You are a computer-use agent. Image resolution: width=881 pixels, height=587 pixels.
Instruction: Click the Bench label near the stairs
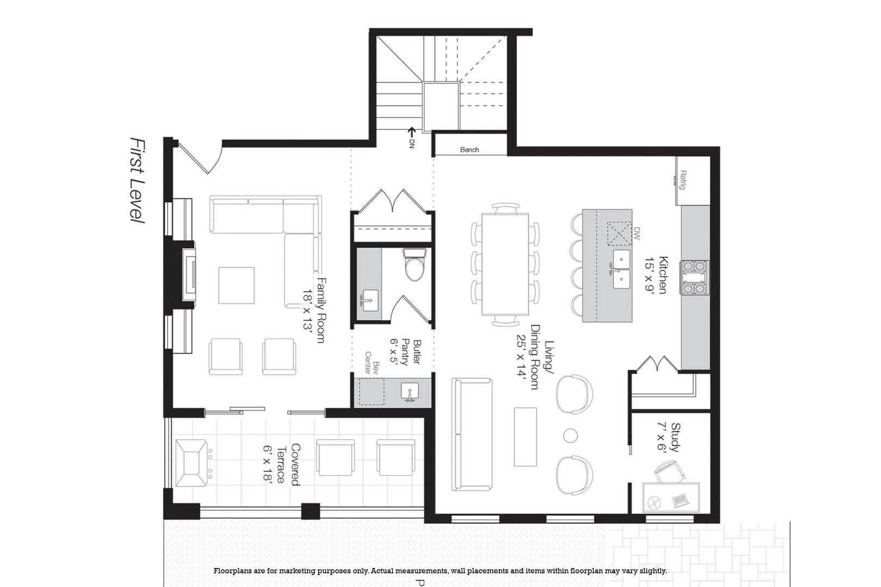pyautogui.click(x=469, y=149)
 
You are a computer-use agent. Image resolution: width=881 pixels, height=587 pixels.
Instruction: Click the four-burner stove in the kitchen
pyautogui.click(x=694, y=277)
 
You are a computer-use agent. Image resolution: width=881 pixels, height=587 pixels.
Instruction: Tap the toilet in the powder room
pyautogui.click(x=414, y=265)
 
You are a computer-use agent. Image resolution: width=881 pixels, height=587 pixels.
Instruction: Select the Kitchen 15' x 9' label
pyautogui.click(x=656, y=275)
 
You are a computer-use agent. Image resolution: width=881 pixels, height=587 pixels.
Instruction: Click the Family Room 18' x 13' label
pyautogui.click(x=314, y=310)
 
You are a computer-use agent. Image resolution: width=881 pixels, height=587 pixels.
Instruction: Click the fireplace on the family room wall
pyautogui.click(x=188, y=274)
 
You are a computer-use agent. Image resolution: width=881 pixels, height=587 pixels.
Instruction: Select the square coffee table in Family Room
pyautogui.click(x=236, y=285)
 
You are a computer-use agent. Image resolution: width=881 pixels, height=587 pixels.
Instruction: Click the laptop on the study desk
pyautogui.click(x=680, y=499)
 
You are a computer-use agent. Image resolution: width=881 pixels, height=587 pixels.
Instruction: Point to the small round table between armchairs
pyautogui.click(x=570, y=435)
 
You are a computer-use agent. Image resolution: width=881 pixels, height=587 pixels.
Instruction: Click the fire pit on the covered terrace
pyautogui.click(x=191, y=464)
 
